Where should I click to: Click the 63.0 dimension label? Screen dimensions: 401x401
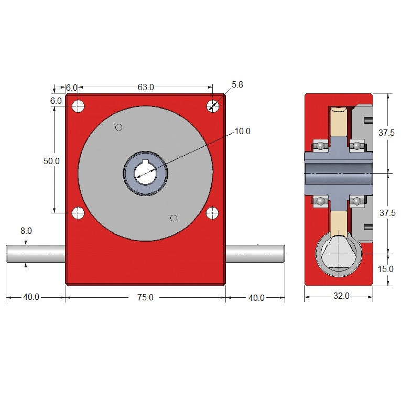point(146,88)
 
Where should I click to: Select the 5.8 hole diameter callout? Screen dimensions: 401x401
point(237,84)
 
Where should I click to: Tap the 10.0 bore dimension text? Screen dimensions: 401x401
point(242,131)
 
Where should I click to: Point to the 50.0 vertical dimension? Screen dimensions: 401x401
point(51,161)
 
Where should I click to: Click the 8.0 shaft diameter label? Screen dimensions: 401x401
point(26,231)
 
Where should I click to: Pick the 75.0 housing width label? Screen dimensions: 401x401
point(145,298)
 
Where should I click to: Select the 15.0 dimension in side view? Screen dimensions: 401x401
point(385,269)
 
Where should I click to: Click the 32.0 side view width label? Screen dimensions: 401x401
point(341,296)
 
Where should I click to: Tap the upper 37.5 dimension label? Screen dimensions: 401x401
point(387,133)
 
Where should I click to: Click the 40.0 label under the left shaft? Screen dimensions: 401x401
point(31,298)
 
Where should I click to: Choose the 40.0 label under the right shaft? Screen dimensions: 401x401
point(256,298)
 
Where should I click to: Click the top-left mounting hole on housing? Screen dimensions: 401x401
point(78,106)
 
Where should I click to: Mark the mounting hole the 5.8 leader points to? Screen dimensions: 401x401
point(212,106)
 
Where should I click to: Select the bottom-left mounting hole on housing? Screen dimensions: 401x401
point(78,213)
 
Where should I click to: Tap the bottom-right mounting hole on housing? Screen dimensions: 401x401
point(212,213)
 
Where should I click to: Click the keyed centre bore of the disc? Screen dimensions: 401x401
point(145,172)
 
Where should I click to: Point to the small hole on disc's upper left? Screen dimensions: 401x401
point(118,127)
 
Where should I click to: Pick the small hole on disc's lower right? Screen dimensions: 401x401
point(174,218)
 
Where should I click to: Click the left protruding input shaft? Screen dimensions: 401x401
point(36,253)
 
